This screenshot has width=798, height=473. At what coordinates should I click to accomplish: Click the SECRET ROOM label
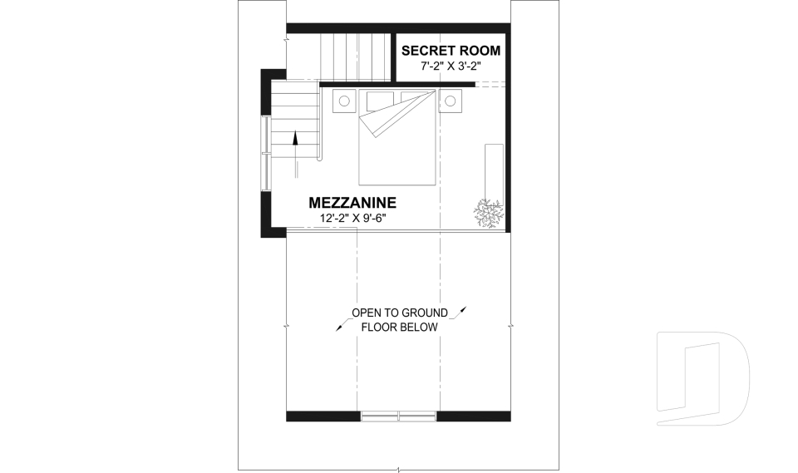coord(451,51)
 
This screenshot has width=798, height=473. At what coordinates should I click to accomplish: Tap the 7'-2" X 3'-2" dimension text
coord(451,66)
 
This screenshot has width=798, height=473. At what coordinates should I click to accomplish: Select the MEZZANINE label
coord(352,203)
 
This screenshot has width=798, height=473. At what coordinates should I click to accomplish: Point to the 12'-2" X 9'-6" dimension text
coord(352,218)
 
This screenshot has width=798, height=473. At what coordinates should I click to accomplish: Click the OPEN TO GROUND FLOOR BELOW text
coord(400,320)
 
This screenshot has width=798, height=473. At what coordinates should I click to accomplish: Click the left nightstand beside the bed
coord(344,101)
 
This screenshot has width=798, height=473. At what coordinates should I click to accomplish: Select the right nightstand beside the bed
coord(451,101)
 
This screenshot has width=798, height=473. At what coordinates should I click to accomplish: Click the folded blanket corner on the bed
coord(398,114)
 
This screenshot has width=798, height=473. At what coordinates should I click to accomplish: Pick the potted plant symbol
coord(489,213)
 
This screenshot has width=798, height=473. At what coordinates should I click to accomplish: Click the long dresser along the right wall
coord(494,173)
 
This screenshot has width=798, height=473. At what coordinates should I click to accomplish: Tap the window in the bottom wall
coord(398,416)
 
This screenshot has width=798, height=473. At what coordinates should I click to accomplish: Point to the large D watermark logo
coord(702,378)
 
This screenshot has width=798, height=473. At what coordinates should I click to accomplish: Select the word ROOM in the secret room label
coord(480,51)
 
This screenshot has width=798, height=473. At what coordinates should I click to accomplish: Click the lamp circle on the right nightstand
coord(451,101)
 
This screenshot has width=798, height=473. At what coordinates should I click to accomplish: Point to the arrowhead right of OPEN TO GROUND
coord(463,309)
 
